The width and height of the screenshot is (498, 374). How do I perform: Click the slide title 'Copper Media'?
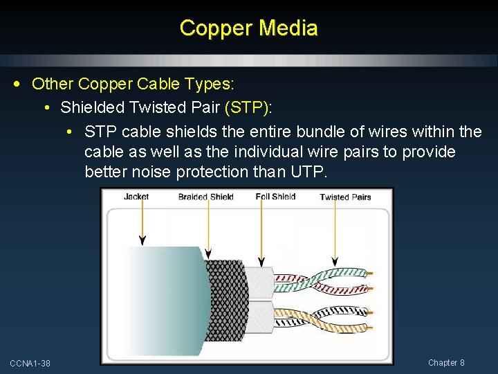coord(248,28)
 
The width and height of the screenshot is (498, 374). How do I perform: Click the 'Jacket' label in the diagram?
coord(136,197)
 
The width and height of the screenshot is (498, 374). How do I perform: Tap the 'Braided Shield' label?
coord(205,197)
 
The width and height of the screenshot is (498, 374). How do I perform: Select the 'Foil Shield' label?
coord(275,197)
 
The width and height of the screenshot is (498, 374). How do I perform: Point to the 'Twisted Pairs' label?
coord(345,197)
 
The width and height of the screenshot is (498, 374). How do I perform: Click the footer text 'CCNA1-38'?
coord(30,364)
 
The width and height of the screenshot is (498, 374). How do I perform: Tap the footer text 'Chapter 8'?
coord(446,363)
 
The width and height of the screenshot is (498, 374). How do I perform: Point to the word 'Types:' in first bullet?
coord(212,84)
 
